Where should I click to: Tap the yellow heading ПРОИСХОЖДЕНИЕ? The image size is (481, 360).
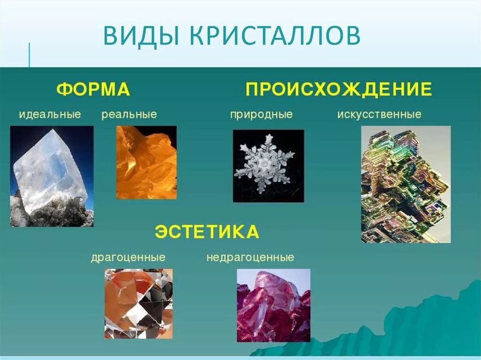pyautogui.click(x=338, y=89)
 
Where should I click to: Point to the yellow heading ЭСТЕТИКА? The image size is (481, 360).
pyautogui.click(x=207, y=232)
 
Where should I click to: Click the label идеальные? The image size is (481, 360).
pyautogui.click(x=50, y=114)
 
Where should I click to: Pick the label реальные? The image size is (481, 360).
pyautogui.click(x=129, y=115)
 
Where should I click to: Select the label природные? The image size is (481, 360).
pyautogui.click(x=261, y=115)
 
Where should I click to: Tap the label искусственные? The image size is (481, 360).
pyautogui.click(x=379, y=115)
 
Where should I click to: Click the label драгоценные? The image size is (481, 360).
pyautogui.click(x=128, y=258)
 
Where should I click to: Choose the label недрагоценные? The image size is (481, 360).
pyautogui.click(x=250, y=258)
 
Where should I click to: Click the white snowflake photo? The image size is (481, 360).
pyautogui.click(x=269, y=166)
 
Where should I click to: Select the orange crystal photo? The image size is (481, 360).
pyautogui.click(x=146, y=162)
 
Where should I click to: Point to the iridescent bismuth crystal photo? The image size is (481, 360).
pyautogui.click(x=405, y=184)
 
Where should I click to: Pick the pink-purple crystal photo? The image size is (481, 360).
pyautogui.click(x=273, y=305)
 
